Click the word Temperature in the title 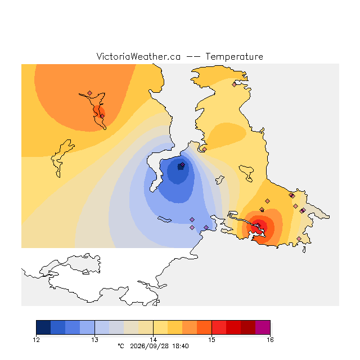coord(234,56)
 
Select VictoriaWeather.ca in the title coord(138,56)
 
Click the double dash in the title coord(193,57)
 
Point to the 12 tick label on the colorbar coord(36,340)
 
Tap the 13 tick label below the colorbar coord(94,340)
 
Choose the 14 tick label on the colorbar coord(153,340)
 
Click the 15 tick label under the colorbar coord(211,340)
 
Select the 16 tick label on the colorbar coord(270,340)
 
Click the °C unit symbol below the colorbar coord(121,346)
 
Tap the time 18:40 coord(181,346)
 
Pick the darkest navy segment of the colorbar coord(43,327)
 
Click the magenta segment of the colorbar coord(263,327)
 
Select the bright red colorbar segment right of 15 coord(219,327)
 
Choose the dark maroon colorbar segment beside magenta coord(248,327)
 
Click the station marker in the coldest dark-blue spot coord(182,165)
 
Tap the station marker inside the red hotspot coord(258,225)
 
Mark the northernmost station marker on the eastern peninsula coord(234,85)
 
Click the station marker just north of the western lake coord(90,93)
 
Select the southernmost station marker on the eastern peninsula coord(299,238)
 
